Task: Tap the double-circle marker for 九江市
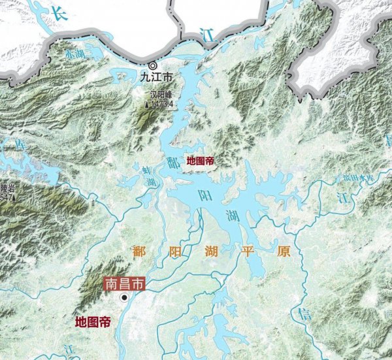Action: [152, 66]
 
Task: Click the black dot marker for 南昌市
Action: [124, 297]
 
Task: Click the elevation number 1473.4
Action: [161, 103]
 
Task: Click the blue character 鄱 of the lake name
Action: [171, 161]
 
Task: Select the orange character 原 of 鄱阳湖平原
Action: [284, 252]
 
